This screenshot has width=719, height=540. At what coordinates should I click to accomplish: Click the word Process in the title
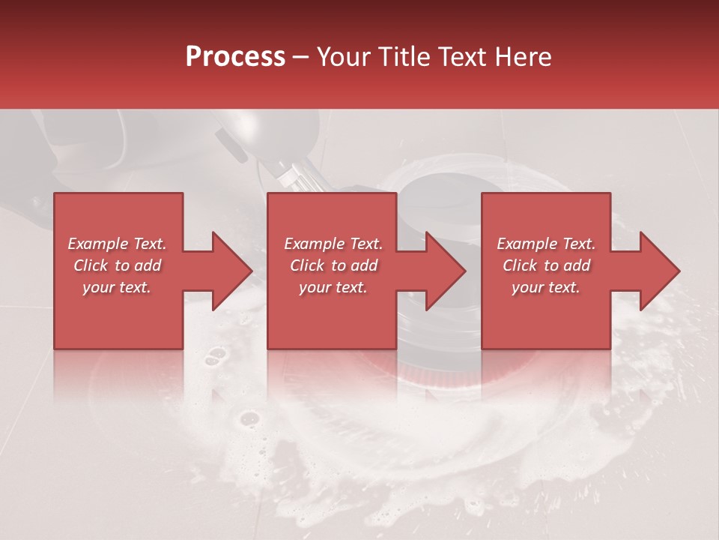tap(235, 57)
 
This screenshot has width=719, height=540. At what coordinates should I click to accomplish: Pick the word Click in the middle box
tap(308, 265)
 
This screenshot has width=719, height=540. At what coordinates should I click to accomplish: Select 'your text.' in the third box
tap(546, 287)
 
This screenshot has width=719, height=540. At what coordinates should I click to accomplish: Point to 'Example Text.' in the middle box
tap(333, 244)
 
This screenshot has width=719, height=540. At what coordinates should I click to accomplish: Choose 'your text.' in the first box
tap(117, 287)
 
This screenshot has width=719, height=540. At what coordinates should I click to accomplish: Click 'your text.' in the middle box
tap(333, 287)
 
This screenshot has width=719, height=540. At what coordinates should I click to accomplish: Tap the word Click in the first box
tap(91, 265)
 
